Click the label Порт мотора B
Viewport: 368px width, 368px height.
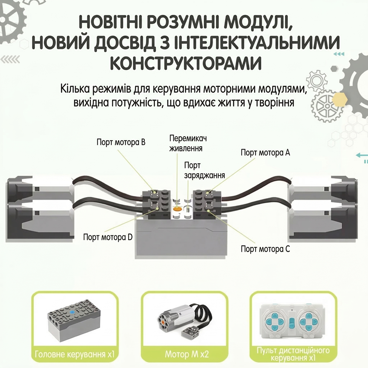click(x=121, y=142)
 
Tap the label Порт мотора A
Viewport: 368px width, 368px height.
click(x=266, y=152)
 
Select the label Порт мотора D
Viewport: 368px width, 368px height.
click(x=108, y=237)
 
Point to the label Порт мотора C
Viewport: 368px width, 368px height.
click(x=266, y=249)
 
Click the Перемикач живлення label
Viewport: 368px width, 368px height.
click(x=188, y=143)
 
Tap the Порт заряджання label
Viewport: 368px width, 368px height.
click(x=204, y=170)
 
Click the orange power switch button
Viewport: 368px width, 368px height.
click(x=177, y=208)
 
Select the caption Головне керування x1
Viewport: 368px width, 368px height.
click(x=75, y=354)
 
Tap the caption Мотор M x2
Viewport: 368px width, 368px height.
click(x=187, y=354)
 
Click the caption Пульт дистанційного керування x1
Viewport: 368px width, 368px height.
click(x=293, y=354)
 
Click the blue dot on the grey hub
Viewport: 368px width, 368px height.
click(x=72, y=312)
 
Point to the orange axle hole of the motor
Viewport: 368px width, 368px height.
click(x=162, y=321)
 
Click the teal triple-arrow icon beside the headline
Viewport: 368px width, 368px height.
click(x=339, y=54)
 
